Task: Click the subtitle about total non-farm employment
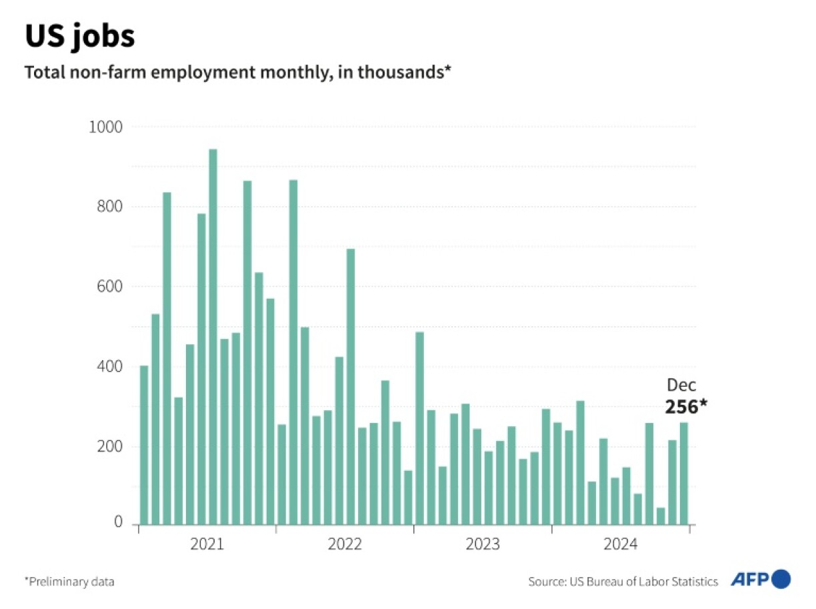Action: [238, 72]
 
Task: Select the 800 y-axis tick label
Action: [109, 207]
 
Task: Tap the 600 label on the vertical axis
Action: [109, 287]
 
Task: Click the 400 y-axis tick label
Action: [109, 367]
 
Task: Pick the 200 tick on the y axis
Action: [109, 447]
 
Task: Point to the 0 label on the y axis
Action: [118, 522]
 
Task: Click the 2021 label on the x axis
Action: [207, 544]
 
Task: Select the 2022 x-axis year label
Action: [345, 544]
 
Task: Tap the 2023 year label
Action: [483, 544]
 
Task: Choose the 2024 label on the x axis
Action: [620, 544]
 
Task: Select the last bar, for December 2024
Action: [684, 474]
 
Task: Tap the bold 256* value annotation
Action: [685, 406]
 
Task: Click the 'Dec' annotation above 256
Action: [681, 385]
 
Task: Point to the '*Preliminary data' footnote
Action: [69, 582]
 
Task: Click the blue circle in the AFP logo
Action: [781, 579]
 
